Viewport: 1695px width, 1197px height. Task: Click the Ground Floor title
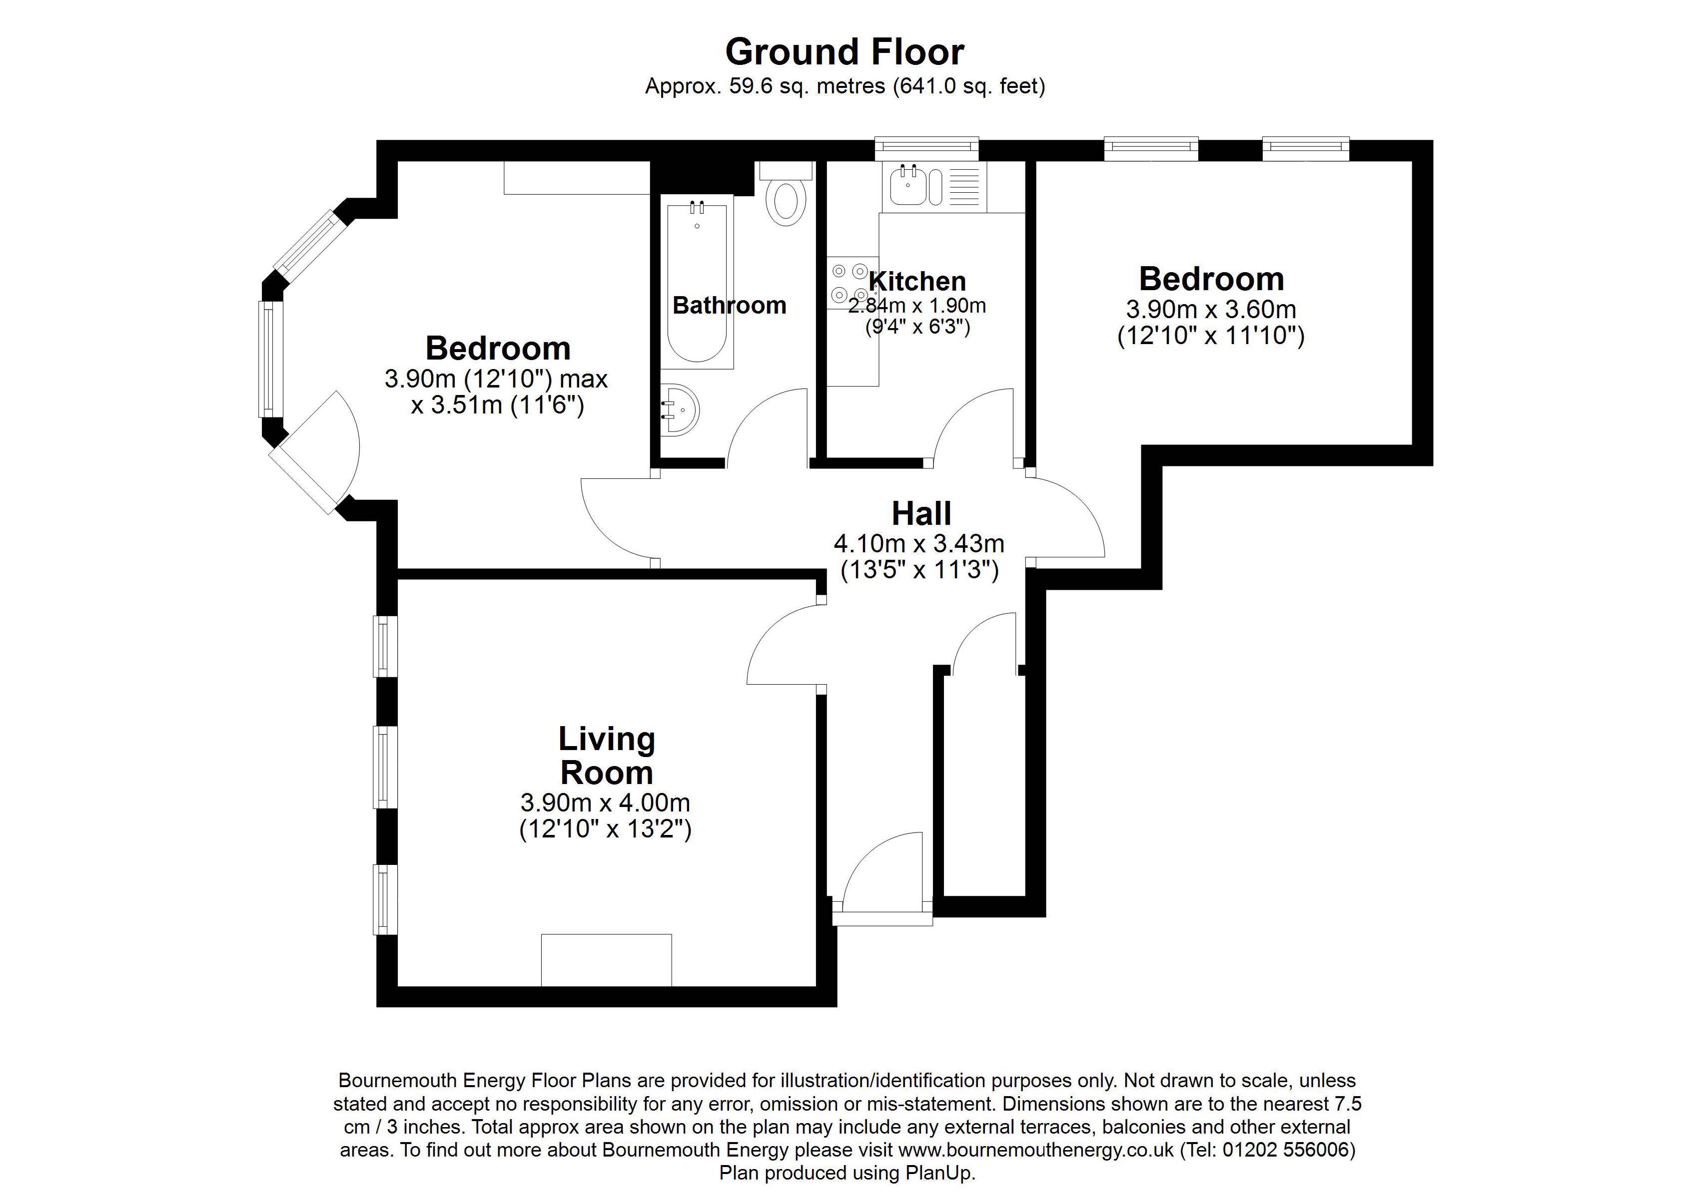[845, 51]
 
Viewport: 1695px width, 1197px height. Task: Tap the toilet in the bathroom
[786, 194]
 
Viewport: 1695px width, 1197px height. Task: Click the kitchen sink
[934, 186]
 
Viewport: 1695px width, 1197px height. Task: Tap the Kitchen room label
[917, 281]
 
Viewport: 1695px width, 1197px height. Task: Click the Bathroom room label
[730, 306]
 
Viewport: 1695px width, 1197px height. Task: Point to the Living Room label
[607, 756]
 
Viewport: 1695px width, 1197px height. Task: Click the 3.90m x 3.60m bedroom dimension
[1211, 309]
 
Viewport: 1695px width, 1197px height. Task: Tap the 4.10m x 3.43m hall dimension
[919, 544]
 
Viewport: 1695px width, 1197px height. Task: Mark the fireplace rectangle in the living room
[606, 959]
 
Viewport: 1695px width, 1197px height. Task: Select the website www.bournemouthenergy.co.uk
[1036, 1150]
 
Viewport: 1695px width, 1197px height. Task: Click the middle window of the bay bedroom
[270, 360]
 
